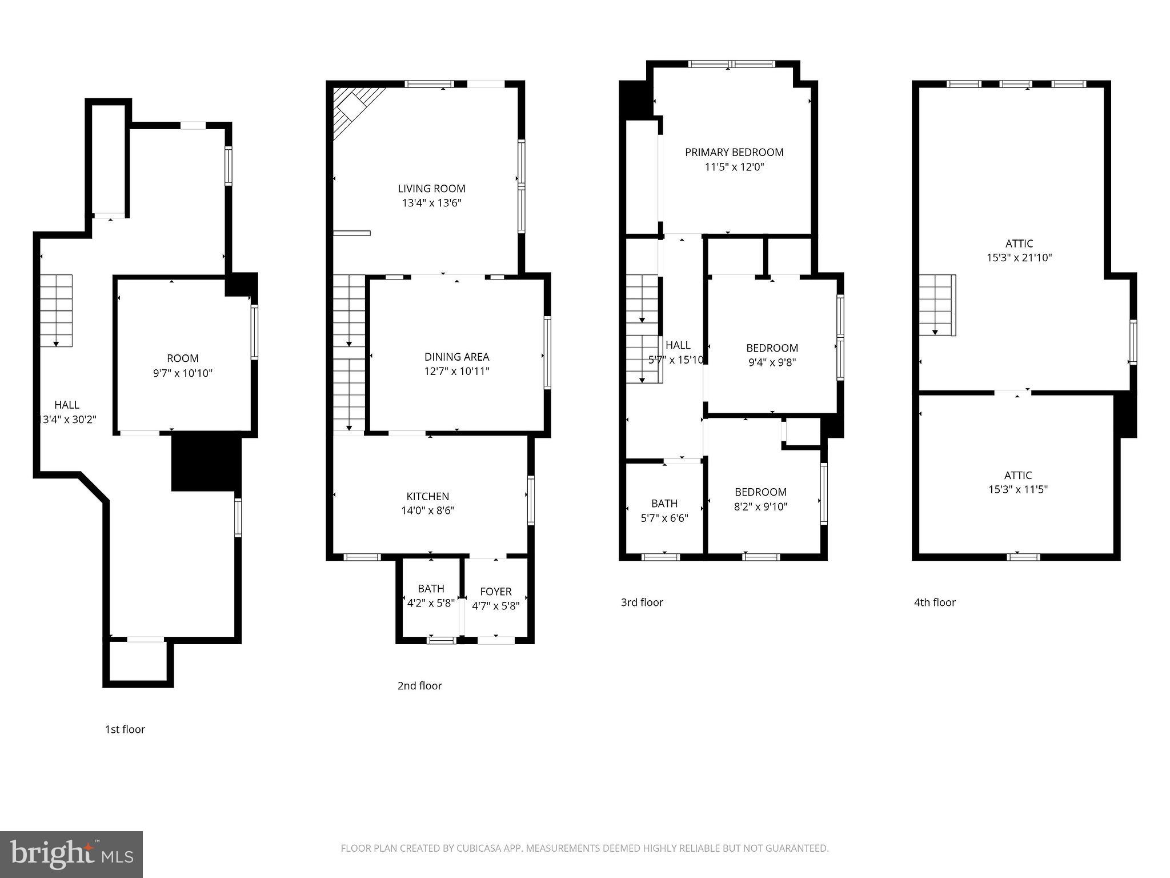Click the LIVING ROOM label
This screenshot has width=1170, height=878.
431,188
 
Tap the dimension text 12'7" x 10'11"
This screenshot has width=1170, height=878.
456,371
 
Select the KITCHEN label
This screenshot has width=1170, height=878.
427,496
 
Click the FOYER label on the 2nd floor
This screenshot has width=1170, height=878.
495,591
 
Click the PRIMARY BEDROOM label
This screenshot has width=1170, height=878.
734,152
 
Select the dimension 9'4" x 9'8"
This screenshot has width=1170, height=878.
771,362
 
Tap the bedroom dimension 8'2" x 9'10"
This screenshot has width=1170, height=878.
760,506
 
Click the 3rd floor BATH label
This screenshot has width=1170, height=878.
664,503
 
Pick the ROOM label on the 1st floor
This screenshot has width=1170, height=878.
183,358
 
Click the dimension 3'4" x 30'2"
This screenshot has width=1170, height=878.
69,419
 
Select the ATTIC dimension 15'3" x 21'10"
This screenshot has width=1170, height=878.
1019,258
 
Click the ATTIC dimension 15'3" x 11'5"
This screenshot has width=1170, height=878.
1017,489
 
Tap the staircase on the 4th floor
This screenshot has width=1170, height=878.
936,306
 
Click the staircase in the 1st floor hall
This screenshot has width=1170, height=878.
56,310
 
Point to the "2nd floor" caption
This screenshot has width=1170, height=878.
419,685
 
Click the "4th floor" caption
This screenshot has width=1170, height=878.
935,602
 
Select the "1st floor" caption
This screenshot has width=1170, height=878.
125,729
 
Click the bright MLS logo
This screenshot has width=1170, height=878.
71,854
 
